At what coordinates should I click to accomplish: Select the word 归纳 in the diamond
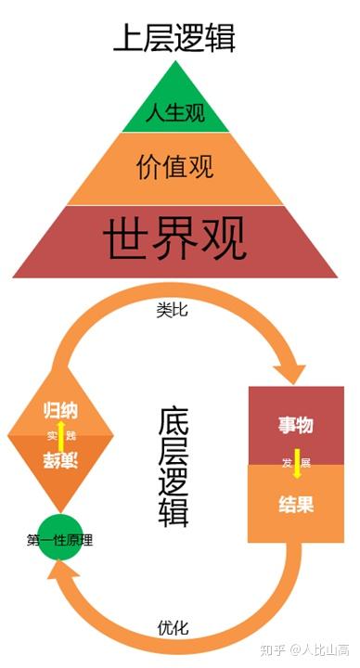point(61,411)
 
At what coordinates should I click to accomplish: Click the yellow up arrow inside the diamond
point(61,435)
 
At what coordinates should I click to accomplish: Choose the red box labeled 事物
point(296,425)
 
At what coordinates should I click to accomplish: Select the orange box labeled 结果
point(296,505)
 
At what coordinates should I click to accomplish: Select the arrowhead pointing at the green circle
point(67,577)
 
